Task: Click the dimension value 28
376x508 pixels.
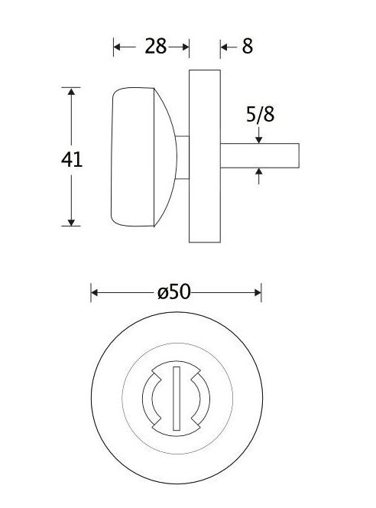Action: (x=155, y=47)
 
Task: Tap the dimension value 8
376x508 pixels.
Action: (x=247, y=47)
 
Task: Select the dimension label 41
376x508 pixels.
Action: (x=72, y=159)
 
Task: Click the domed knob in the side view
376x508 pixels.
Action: (x=141, y=158)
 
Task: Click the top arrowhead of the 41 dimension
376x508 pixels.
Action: (x=72, y=93)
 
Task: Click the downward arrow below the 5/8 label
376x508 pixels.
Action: (x=259, y=138)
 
